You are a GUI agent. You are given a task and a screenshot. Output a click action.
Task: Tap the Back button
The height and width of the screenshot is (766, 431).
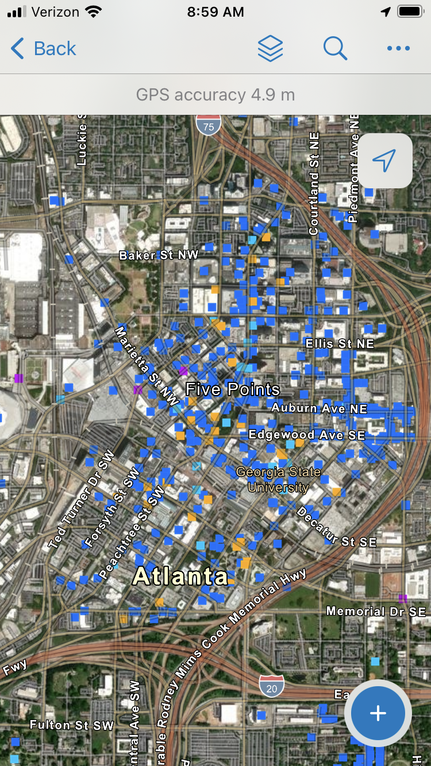tap(44, 49)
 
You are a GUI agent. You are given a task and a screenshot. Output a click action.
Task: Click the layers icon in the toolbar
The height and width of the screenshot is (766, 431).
tap(270, 49)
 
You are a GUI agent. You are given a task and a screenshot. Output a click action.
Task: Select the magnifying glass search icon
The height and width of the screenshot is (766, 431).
tap(335, 49)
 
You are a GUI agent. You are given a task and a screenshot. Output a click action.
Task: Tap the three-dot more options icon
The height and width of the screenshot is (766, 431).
tap(398, 49)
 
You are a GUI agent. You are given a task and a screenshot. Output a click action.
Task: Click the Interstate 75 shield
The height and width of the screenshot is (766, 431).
tap(208, 125)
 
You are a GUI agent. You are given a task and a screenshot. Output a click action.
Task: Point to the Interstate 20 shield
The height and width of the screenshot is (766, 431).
tap(271, 686)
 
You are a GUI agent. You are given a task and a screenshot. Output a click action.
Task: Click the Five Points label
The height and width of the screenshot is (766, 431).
tap(233, 389)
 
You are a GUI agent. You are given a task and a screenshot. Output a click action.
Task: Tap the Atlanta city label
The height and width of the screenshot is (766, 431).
tap(180, 576)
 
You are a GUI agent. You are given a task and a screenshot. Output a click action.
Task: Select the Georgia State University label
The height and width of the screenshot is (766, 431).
tap(279, 479)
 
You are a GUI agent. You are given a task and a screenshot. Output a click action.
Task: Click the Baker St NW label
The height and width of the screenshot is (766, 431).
tap(159, 255)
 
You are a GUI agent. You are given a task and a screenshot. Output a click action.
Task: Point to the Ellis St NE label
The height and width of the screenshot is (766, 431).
tap(340, 343)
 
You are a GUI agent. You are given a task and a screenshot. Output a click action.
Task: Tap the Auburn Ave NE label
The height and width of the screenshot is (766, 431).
tap(319, 408)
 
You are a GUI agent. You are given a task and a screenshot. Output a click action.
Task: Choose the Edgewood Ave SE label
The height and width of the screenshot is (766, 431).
tap(307, 435)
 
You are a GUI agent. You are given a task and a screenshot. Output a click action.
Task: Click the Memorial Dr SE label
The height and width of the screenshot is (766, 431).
tap(376, 612)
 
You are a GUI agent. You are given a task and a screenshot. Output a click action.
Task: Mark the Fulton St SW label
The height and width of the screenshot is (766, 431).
tap(72, 725)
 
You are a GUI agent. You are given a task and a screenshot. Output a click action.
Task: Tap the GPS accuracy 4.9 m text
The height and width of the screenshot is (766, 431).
tap(215, 95)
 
